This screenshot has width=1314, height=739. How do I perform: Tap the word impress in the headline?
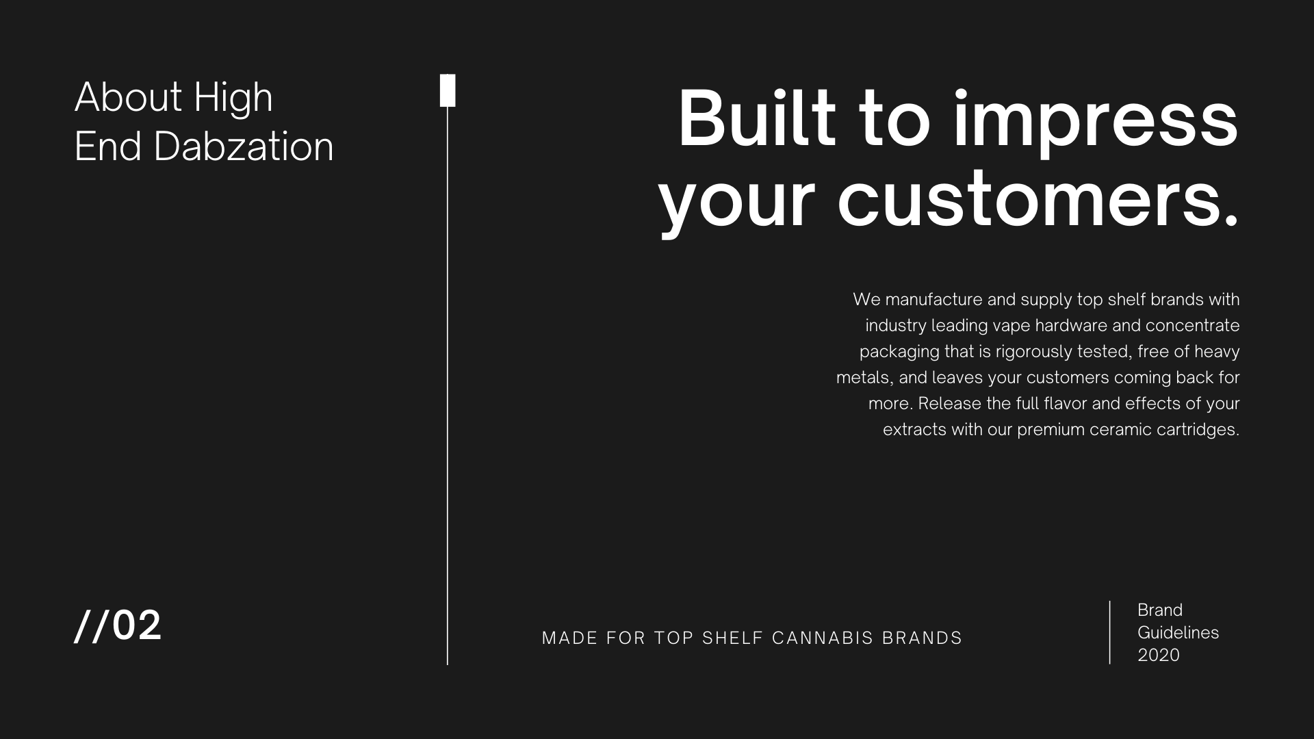[x=1096, y=123]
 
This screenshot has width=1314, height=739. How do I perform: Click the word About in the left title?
[x=128, y=97]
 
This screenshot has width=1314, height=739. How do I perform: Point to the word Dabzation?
[x=243, y=146]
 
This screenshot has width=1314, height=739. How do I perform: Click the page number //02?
[x=118, y=625]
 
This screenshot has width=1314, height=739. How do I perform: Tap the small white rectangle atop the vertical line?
[x=448, y=90]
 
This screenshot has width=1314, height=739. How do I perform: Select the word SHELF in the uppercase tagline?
[x=732, y=638]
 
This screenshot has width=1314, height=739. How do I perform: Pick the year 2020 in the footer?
[x=1159, y=655]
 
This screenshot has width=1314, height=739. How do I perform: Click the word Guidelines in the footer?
[x=1178, y=632]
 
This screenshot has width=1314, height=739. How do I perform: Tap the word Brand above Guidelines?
[x=1160, y=610]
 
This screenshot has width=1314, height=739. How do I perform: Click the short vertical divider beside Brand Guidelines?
[x=1109, y=632]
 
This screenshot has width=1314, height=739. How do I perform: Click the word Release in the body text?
[x=950, y=404]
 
